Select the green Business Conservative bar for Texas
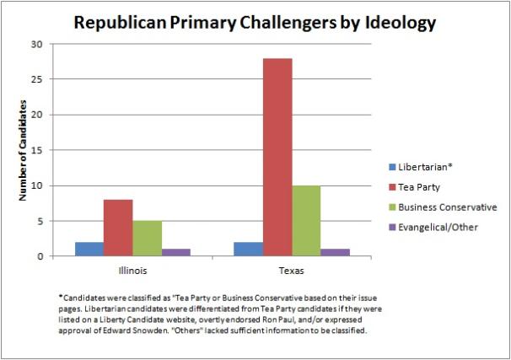click(x=306, y=220)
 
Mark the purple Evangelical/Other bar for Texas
click(x=336, y=252)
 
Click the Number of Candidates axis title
click(x=24, y=151)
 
